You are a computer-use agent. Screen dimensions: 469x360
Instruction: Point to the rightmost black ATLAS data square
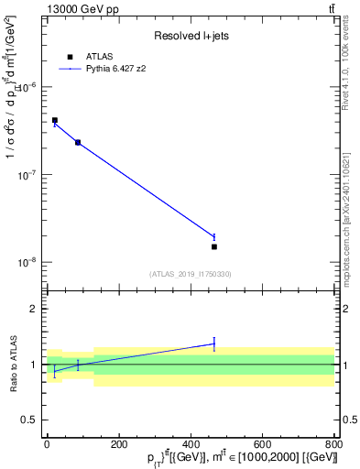214,246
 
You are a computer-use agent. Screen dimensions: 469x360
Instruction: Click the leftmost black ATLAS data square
55,120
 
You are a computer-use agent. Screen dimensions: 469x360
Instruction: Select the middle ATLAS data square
78,142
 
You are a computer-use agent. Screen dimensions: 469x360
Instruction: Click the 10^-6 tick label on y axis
27,87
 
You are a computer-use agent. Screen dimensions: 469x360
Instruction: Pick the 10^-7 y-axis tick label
27,174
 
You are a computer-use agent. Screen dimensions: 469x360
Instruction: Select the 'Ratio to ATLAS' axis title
12,364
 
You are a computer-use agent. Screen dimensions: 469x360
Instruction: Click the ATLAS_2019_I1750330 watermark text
191,274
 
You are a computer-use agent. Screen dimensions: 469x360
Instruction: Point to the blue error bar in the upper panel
214,236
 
